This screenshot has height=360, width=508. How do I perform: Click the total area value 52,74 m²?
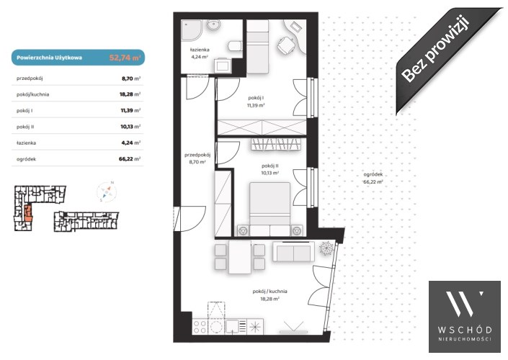coord(125,58)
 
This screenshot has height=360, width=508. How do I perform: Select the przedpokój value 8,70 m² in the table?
coord(131,78)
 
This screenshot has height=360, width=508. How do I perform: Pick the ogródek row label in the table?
coord(26,159)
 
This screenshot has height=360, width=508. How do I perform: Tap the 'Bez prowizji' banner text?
coord(435,48)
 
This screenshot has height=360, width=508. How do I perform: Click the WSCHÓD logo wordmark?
coord(465,330)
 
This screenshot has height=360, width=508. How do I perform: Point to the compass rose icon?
coord(107,192)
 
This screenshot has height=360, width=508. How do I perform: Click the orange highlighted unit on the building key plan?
coord(28,212)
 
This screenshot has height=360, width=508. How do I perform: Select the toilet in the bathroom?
coord(235,46)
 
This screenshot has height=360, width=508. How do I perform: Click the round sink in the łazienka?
coord(214,24)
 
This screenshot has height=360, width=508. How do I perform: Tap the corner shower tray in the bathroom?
coord(191,30)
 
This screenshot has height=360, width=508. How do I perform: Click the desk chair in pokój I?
coord(286,45)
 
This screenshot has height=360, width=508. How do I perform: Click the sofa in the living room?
coord(293,252)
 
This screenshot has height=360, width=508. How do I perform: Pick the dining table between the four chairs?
coord(240,257)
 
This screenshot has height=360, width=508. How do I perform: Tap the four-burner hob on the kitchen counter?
coord(200,326)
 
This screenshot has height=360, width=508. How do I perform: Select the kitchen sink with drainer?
coord(236,326)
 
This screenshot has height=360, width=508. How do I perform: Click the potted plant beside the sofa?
coord(326,248)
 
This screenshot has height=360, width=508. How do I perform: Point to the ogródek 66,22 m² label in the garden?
coord(373,178)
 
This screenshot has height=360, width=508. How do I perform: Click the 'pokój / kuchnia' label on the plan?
coord(269,292)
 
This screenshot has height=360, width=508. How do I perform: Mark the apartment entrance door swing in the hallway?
coord(191,219)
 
